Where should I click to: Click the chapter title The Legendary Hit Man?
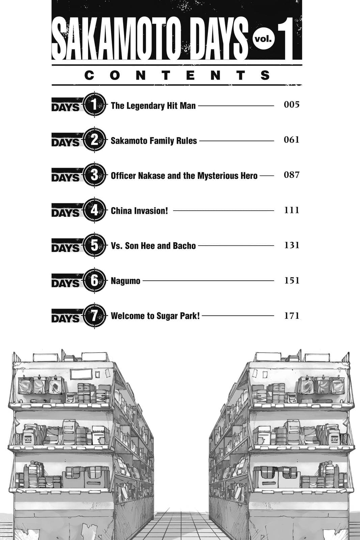[153, 106]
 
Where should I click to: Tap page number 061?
[292, 140]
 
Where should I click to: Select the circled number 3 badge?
[94, 175]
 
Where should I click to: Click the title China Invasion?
[139, 211]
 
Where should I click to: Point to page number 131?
[292, 245]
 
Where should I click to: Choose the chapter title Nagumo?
[126, 281]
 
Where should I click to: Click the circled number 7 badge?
[94, 316]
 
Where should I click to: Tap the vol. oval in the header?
[264, 39]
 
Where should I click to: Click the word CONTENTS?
[177, 75]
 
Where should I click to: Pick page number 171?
[292, 316]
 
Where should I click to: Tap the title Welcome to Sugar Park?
[155, 316]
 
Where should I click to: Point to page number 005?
[292, 105]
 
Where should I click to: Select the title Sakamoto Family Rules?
[154, 140]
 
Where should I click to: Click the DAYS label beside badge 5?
[66, 247]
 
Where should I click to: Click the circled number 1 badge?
[94, 105]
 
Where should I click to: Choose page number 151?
[292, 280]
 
